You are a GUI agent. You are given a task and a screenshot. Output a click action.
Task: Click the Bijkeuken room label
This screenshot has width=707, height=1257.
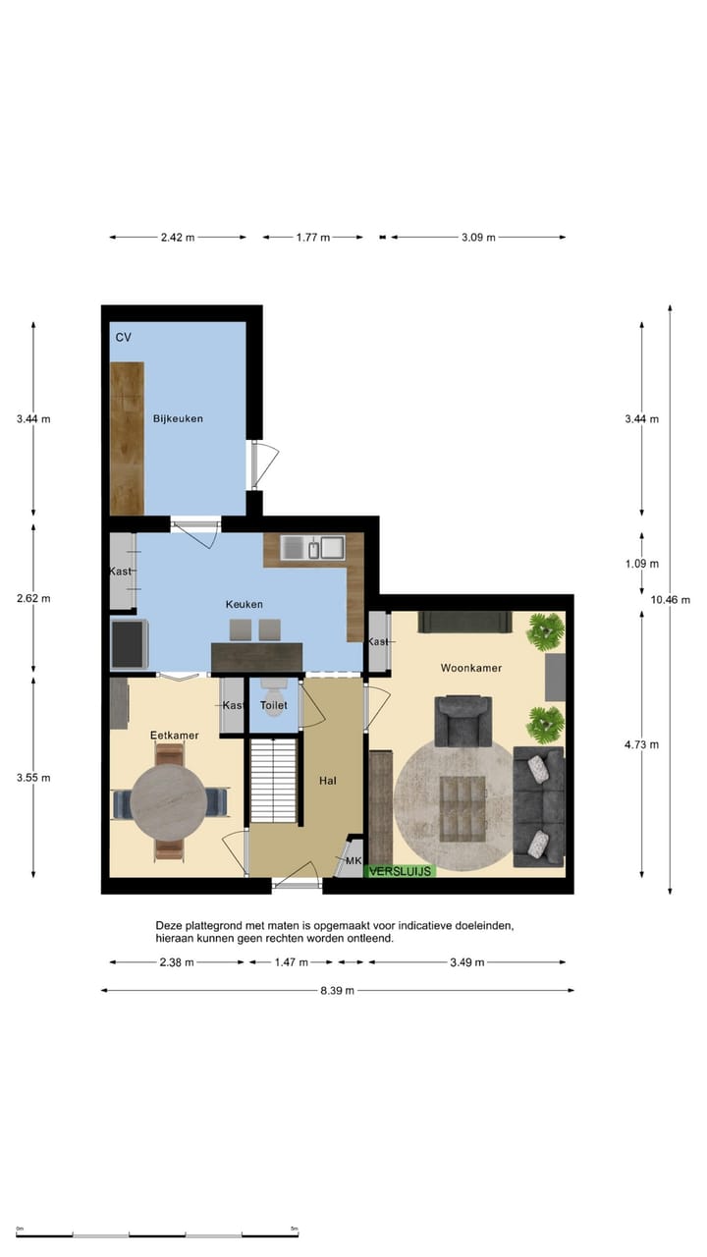coord(178,418)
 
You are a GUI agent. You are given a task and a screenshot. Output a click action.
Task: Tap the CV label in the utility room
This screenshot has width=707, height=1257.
coord(123,337)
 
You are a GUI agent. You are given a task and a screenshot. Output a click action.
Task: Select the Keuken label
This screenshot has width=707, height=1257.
coord(244,605)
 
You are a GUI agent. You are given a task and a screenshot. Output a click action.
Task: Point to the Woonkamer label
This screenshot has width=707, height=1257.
coord(470,668)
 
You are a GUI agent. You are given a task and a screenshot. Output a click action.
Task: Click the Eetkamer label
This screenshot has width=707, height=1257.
coord(174,735)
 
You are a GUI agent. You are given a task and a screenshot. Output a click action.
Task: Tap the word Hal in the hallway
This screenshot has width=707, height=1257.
coord(328,780)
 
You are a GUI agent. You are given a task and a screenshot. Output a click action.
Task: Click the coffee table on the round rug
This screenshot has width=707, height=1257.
coord(464,808)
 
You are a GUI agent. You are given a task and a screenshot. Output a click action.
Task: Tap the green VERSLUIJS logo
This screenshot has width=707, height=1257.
coord(399,871)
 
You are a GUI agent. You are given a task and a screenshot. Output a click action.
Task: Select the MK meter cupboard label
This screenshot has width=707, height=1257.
coord(353,861)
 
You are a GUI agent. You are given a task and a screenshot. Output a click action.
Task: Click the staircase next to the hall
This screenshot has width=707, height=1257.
coord(274,782)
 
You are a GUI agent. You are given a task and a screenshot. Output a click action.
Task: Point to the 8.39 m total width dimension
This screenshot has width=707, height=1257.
coord(337,991)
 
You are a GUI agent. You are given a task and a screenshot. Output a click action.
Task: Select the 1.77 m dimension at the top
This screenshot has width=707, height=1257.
coord(312,237)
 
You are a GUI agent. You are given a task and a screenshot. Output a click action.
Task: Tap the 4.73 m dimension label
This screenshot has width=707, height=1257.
coord(641,744)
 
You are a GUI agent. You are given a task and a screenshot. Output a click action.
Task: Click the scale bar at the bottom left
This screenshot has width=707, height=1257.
coord(157,1233)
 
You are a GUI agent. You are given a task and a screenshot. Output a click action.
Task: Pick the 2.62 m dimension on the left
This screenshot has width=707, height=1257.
coord(33,598)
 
